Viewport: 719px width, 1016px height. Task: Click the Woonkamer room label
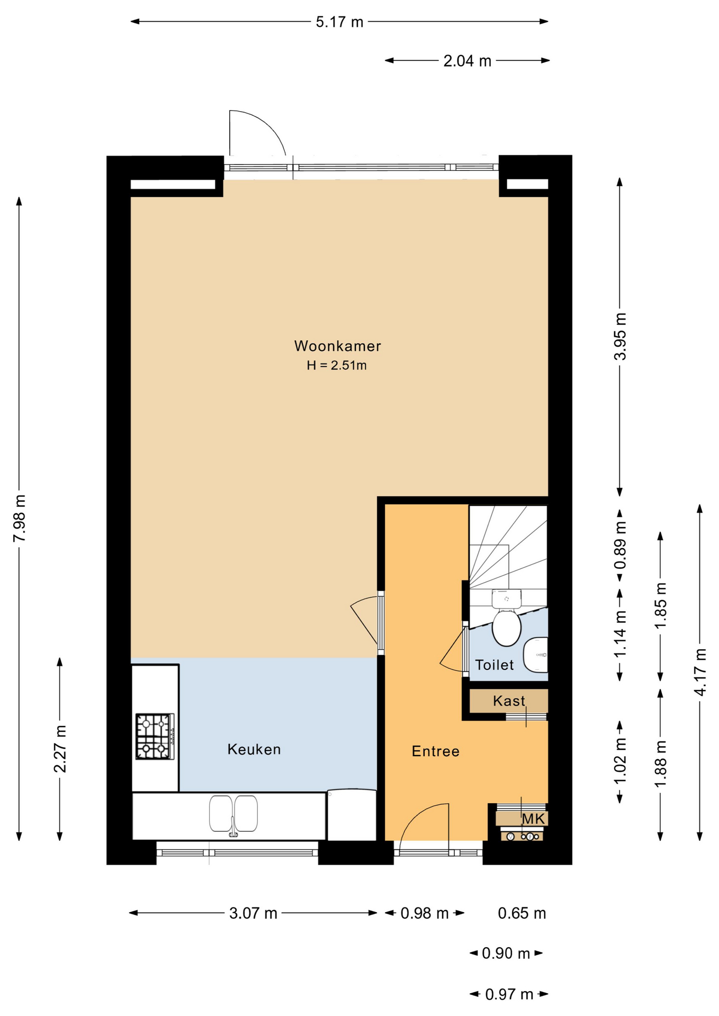337,346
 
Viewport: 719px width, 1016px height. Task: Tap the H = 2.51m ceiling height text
337,365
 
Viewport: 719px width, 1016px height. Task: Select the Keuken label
254,749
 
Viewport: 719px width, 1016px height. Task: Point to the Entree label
435,751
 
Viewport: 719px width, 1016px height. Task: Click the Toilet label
495,665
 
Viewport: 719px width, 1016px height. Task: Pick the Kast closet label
509,701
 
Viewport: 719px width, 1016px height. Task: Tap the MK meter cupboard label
533,819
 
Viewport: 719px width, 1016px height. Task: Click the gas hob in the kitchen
155,737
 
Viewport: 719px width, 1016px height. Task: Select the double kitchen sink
233,814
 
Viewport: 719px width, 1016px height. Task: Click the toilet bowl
507,628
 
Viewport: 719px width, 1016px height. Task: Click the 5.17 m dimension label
339,22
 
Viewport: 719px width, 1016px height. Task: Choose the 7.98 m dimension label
20,518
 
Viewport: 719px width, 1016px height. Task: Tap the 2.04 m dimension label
467,61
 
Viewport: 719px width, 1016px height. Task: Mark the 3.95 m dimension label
620,337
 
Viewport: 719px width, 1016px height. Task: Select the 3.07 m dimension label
253,913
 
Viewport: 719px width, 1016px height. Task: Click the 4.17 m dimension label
700,672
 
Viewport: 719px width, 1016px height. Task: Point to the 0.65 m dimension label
522,913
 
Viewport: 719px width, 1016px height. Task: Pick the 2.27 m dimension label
60,749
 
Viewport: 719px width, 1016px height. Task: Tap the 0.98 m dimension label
425,913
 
